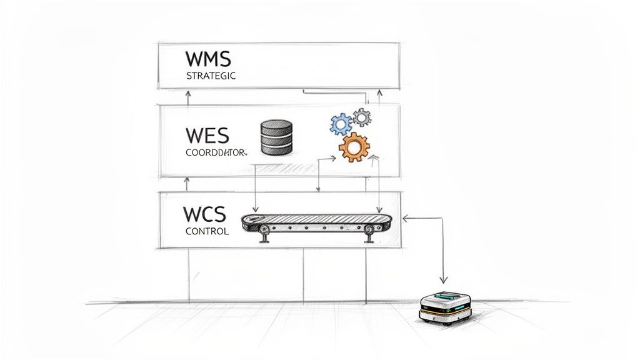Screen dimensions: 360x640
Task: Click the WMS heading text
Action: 208,59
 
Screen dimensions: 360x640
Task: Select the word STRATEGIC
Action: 211,76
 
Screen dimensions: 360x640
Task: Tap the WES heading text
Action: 207,135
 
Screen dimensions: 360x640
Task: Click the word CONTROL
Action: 207,231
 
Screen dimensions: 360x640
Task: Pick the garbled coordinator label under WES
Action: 216,152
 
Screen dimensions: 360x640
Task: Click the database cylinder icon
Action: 274,138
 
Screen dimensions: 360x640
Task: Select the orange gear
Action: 353,147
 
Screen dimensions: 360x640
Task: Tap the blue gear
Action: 341,124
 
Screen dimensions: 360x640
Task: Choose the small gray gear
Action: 361,116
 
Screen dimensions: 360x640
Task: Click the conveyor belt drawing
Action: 317,221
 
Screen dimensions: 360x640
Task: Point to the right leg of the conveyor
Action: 369,236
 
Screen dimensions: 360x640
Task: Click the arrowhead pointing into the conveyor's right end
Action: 405,219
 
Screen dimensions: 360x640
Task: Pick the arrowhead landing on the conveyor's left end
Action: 255,209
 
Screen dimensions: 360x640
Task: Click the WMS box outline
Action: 279,44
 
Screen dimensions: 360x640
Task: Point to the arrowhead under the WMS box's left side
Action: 189,92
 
